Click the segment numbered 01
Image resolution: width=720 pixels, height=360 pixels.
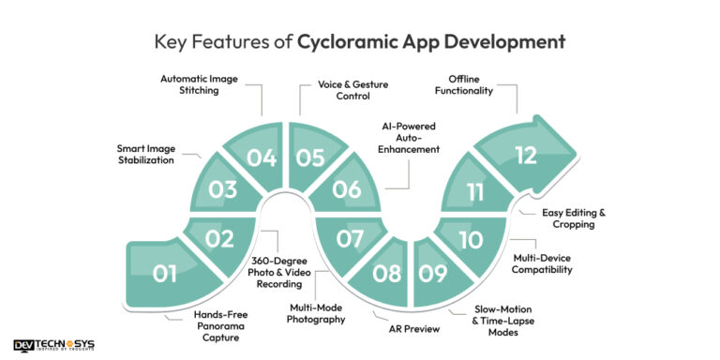[x=165, y=275]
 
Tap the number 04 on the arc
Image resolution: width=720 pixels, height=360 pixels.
[x=262, y=157]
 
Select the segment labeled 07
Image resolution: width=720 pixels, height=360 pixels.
[x=350, y=239]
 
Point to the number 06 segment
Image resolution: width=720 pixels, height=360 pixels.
[x=347, y=188]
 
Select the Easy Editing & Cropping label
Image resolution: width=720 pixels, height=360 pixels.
[x=573, y=218]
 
